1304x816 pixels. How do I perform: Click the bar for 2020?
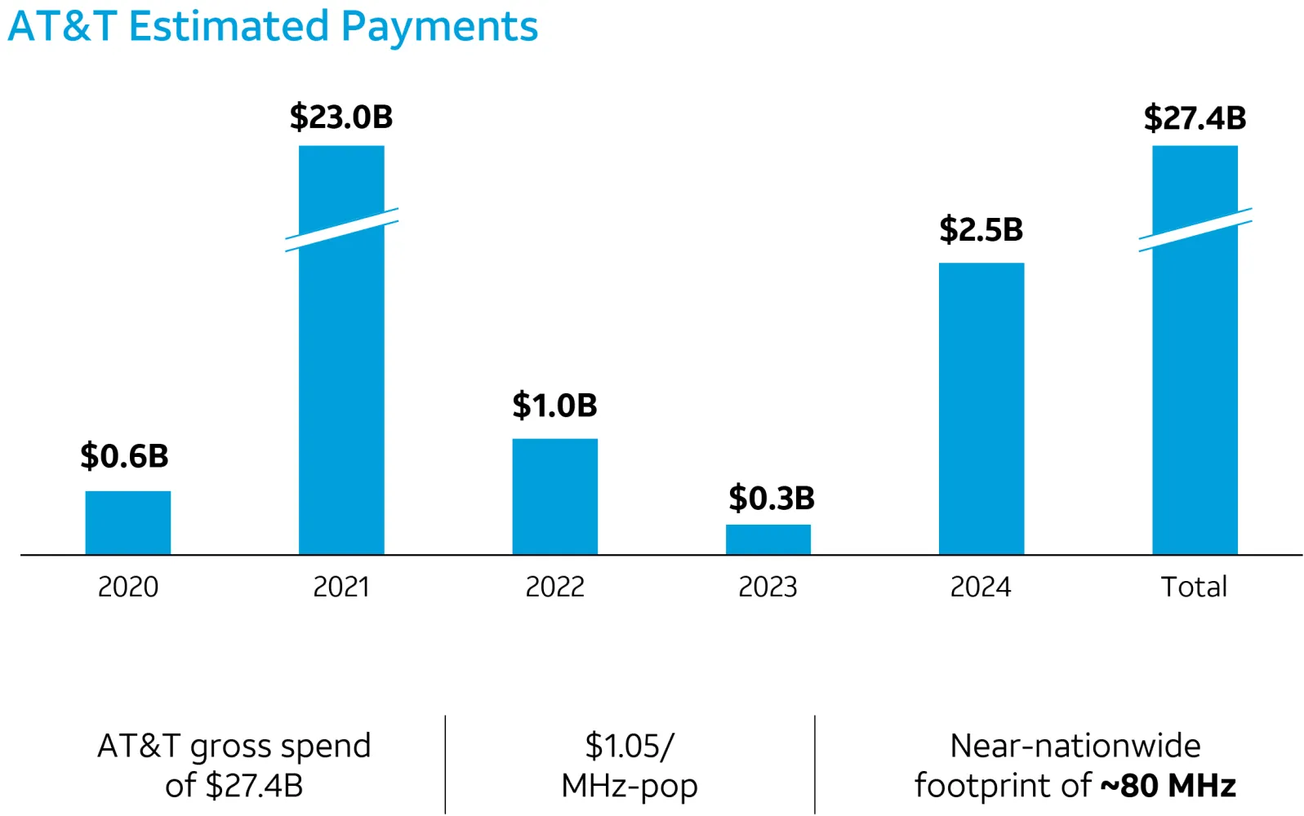click(127, 522)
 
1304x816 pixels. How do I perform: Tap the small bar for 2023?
click(768, 539)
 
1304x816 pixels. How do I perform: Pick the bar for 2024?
click(981, 408)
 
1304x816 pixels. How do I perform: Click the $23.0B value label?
click(341, 117)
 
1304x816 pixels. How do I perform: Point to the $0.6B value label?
click(124, 455)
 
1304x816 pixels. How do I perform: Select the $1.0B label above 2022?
click(554, 405)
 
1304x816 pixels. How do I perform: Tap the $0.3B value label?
click(771, 498)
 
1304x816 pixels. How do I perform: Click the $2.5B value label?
click(981, 229)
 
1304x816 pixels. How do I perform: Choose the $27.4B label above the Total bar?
click(1195, 118)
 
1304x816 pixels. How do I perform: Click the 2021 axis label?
click(341, 587)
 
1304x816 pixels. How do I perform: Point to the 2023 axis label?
click(768, 587)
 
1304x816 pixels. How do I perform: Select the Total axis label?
click(1194, 587)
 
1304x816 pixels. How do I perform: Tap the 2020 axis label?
click(128, 587)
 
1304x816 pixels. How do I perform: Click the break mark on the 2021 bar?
click(341, 229)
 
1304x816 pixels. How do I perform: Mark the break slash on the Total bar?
click(1195, 229)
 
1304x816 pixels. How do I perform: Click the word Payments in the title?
click(439, 26)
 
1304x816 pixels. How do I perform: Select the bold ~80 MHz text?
click(1168, 785)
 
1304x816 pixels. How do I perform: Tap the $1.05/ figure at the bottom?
click(630, 746)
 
